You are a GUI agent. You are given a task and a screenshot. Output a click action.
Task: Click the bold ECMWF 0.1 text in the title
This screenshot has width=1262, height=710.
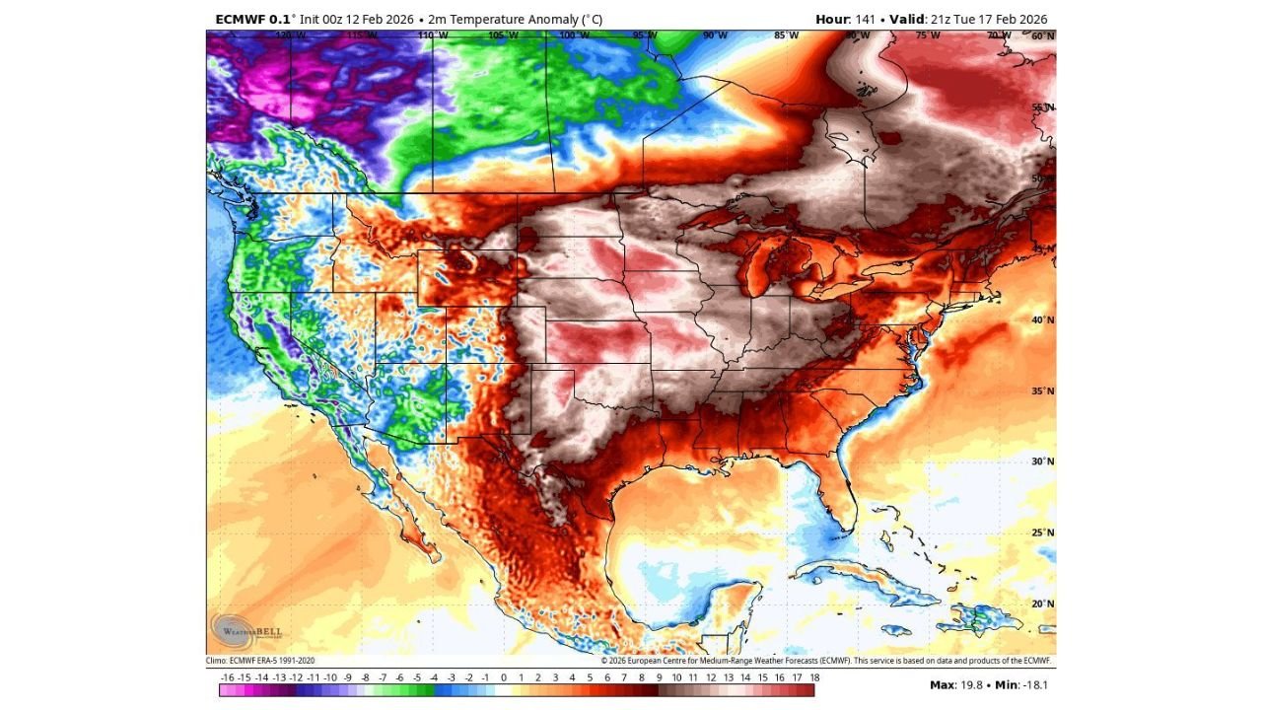[251, 19]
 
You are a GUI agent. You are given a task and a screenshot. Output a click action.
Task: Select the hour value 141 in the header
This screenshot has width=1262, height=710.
[867, 19]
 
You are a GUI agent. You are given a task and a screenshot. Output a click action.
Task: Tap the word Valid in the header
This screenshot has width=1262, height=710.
[911, 19]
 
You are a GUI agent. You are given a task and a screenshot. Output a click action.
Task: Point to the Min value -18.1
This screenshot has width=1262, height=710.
[1036, 684]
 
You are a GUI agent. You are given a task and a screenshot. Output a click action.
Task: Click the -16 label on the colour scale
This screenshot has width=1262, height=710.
[228, 677]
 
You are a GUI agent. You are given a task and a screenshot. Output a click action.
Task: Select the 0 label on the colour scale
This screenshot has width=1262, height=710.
[503, 677]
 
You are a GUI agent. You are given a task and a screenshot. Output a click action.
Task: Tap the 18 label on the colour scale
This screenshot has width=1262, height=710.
[813, 677]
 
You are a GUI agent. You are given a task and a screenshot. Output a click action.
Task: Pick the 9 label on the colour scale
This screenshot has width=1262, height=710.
[659, 677]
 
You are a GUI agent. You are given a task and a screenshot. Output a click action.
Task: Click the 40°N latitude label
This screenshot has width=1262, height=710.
[1043, 319]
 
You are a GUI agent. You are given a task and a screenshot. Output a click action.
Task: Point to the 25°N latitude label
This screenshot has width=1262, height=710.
[1043, 532]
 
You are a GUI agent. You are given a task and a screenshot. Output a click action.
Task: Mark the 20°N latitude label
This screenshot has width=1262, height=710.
[1043, 603]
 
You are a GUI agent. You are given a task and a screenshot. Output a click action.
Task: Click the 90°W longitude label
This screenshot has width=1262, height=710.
[715, 35]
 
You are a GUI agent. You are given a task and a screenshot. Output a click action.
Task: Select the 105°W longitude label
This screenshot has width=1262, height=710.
[501, 35]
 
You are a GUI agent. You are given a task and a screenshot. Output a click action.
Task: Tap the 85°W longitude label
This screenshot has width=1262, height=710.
[786, 35]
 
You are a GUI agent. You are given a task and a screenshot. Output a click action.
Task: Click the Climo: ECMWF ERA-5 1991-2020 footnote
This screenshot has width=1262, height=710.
[261, 661]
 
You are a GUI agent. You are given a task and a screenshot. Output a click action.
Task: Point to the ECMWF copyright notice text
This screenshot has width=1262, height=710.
[826, 661]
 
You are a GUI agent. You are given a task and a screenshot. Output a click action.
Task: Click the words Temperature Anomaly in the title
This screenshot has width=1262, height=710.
[521, 19]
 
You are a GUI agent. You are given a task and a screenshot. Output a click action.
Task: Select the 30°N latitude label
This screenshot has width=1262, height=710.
[1043, 461]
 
